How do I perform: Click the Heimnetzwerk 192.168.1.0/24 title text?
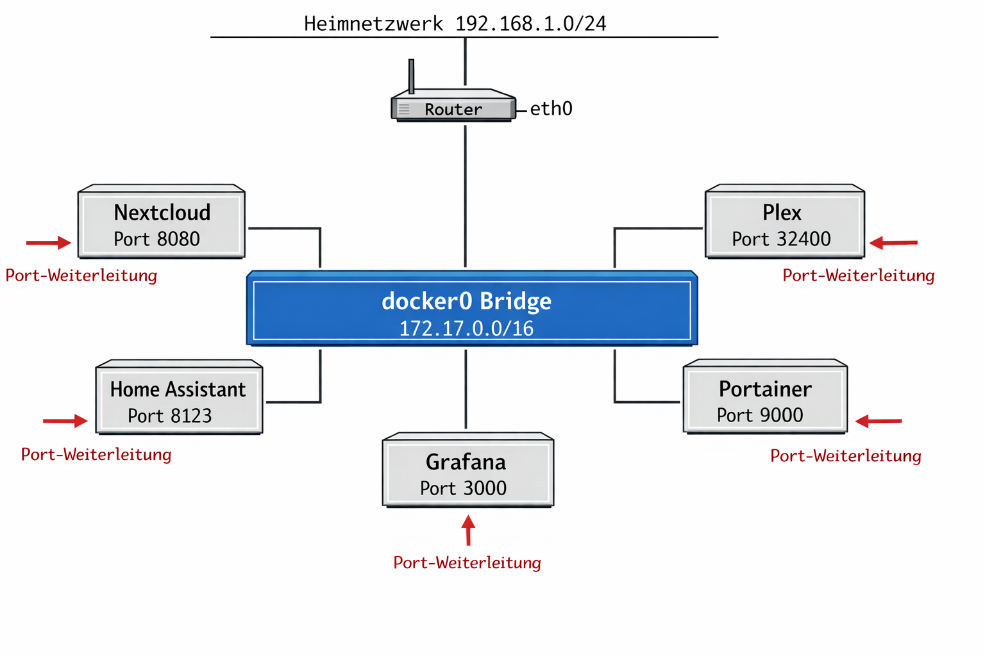455,24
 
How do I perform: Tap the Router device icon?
453,107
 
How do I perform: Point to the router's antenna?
411,76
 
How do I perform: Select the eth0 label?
551,108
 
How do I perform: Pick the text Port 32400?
781,239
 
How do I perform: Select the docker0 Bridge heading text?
466,300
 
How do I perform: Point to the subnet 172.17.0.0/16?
466,329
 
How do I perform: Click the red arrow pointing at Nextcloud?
49,243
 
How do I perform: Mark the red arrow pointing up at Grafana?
469,530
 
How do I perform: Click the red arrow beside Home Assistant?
65,421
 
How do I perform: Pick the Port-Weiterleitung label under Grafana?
467,562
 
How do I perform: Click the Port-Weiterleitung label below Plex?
858,275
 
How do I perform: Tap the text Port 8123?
169,416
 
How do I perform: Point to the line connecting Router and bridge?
465,195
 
